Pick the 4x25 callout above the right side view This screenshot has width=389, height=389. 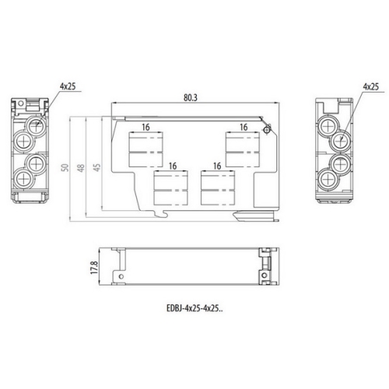point(370,86)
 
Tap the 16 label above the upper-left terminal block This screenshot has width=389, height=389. point(145,126)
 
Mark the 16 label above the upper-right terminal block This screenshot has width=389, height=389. point(244,126)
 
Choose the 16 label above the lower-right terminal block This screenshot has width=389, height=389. point(217,166)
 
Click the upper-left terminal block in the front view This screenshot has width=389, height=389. point(145,150)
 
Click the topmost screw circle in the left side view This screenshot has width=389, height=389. point(34,124)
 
